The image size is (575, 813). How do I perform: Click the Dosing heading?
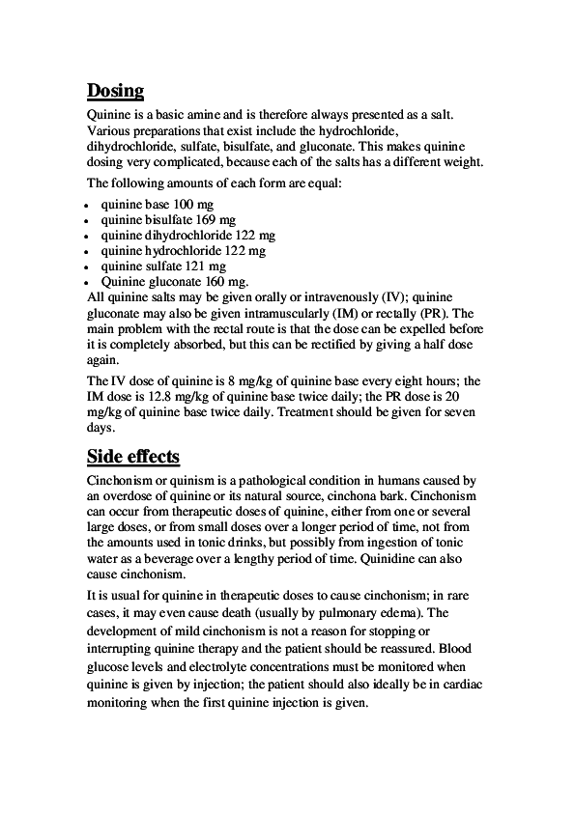(115, 92)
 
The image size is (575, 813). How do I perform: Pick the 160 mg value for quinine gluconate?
(227, 281)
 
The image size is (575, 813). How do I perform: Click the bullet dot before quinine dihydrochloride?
(89, 237)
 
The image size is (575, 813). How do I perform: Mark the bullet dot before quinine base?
(89, 207)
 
